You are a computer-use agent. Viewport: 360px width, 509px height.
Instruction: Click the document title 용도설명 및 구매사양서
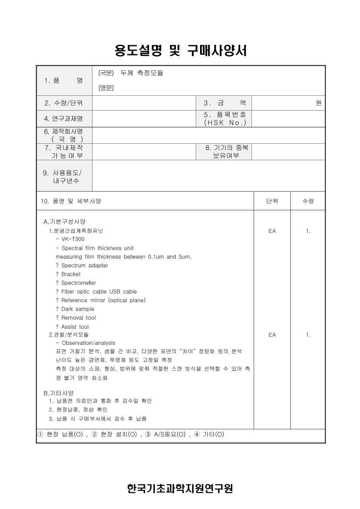click(x=180, y=51)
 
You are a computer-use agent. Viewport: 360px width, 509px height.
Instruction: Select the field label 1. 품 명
click(x=64, y=81)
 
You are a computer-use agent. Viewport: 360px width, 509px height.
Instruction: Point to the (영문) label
click(x=106, y=88)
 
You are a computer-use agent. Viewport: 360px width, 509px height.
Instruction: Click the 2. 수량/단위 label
click(x=64, y=103)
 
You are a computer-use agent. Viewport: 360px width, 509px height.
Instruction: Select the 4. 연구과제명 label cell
click(x=64, y=118)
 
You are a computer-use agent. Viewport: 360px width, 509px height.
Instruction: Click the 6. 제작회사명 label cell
click(x=64, y=135)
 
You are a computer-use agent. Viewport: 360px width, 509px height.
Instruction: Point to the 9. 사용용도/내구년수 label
click(x=64, y=176)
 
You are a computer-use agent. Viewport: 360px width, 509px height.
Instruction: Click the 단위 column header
click(x=272, y=201)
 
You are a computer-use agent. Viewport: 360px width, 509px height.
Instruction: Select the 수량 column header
click(x=308, y=201)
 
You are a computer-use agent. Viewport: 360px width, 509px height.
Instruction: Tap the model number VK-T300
click(x=73, y=239)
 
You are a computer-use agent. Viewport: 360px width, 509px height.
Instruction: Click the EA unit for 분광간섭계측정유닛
click(x=272, y=231)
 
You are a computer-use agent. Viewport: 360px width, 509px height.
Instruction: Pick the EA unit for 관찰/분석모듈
click(x=272, y=335)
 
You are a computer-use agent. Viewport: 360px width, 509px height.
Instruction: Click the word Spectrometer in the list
click(x=78, y=283)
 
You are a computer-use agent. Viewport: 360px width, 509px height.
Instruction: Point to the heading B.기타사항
click(x=58, y=392)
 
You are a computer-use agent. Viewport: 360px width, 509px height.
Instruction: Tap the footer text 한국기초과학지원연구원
click(x=180, y=489)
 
